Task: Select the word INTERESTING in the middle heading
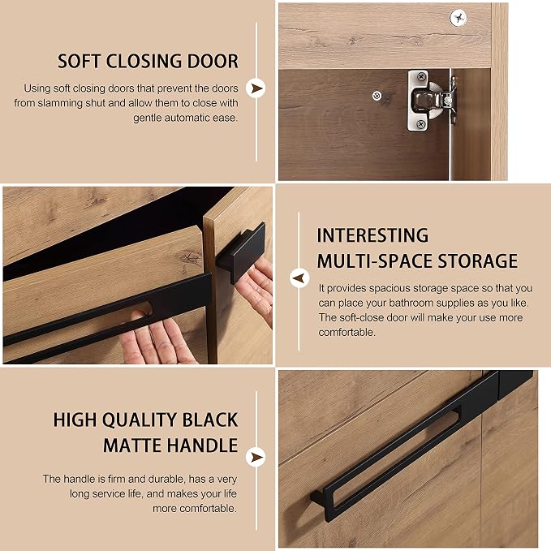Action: coord(372,235)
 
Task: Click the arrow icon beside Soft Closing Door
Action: coord(256,88)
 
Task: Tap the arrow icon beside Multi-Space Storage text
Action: coord(299,278)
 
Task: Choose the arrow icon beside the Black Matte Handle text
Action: coord(256,457)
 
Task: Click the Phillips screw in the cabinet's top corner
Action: coord(458,18)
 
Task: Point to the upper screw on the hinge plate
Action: coord(420,76)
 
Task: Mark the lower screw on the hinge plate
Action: coord(420,123)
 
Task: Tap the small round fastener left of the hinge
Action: coord(377,95)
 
